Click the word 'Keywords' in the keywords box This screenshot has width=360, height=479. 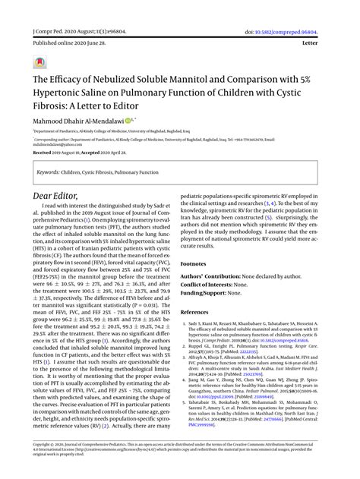pyautogui.click(x=49, y=172)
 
